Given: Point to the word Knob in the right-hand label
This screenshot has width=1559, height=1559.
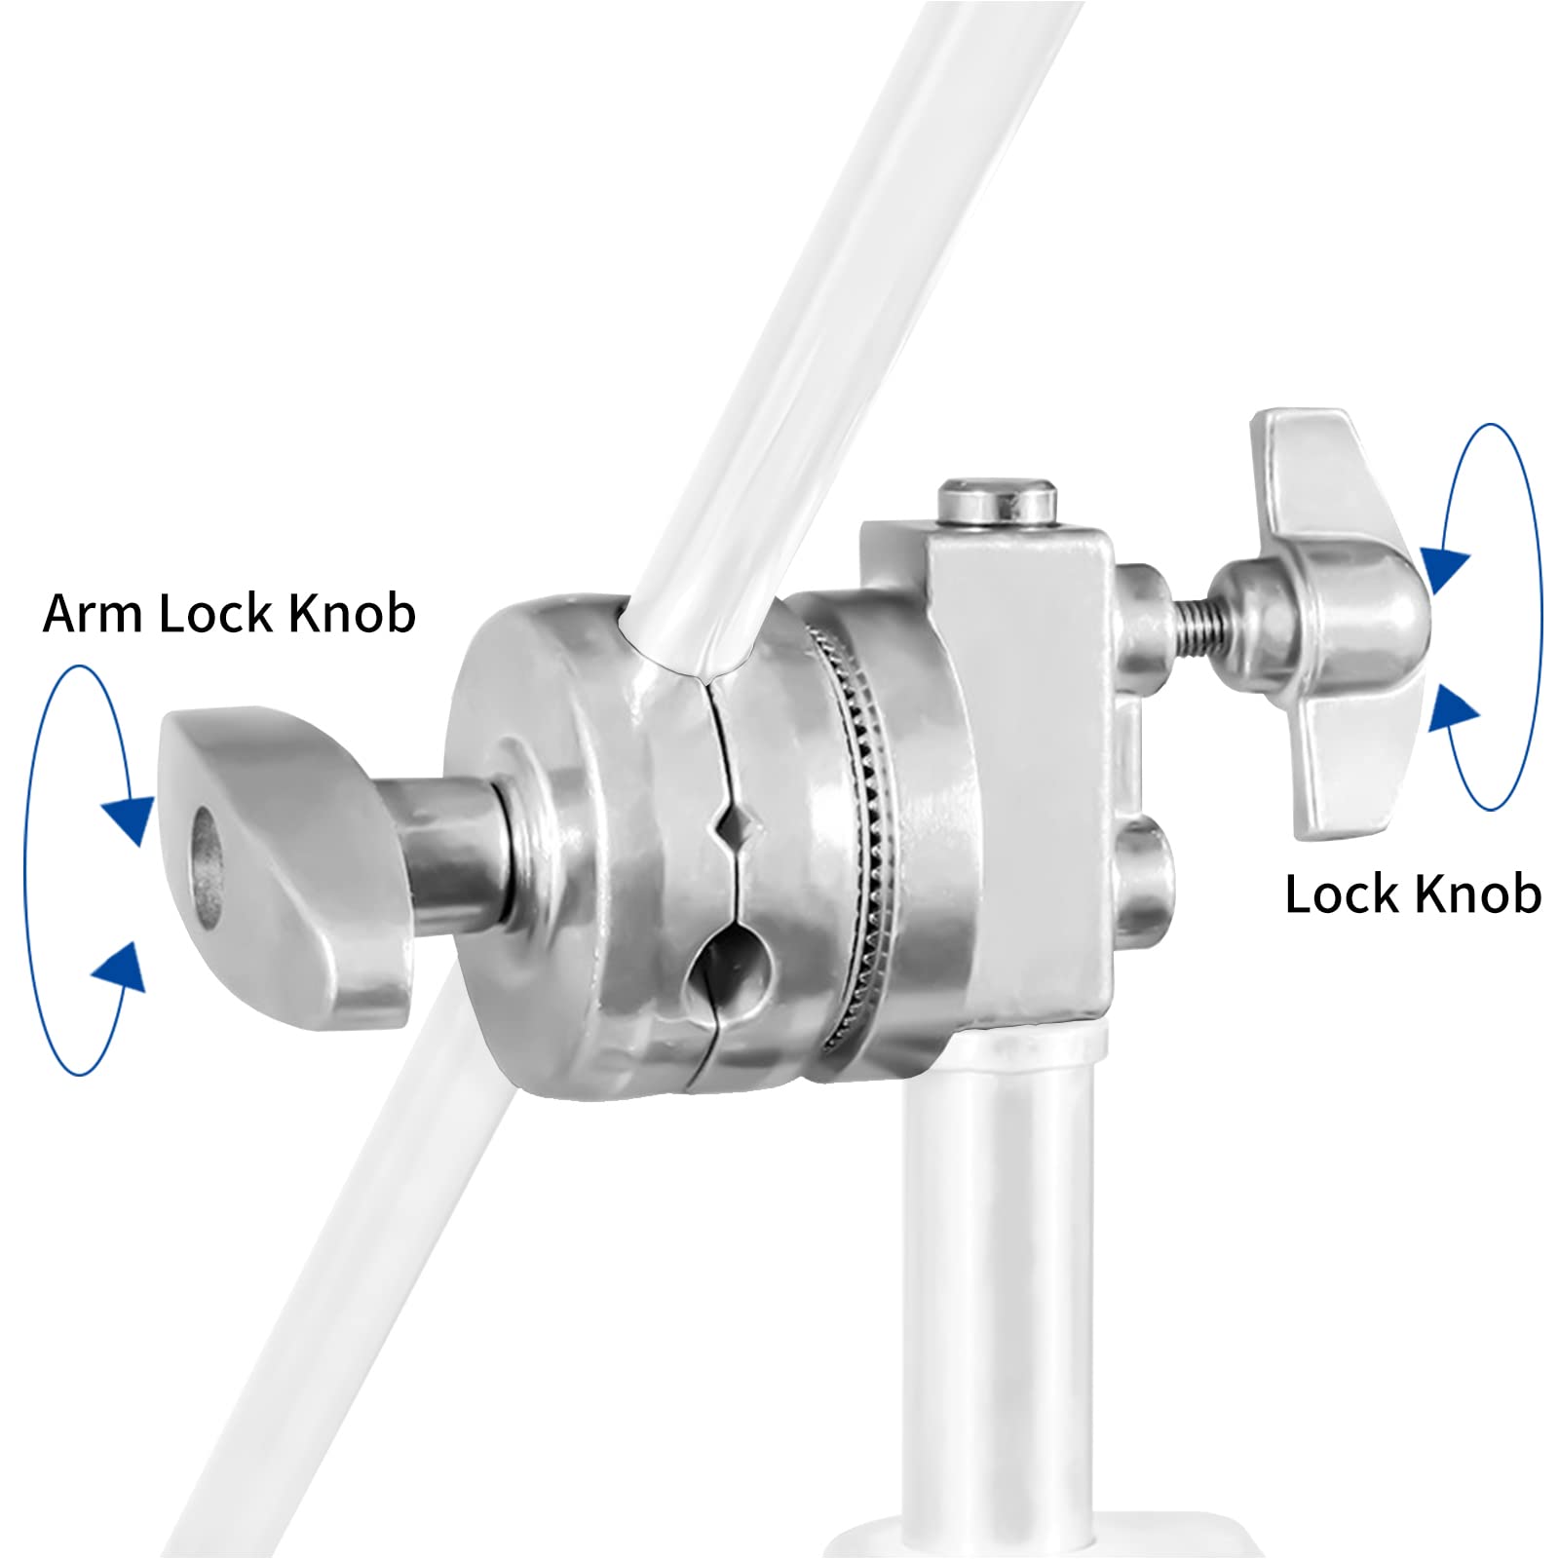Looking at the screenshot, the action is [x=1478, y=894].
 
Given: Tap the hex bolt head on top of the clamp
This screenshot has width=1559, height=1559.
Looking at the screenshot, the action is [x=996, y=500].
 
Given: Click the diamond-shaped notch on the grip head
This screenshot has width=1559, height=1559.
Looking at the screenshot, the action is [x=731, y=829].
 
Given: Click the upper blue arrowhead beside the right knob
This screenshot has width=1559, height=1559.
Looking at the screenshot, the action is [x=1446, y=568].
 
